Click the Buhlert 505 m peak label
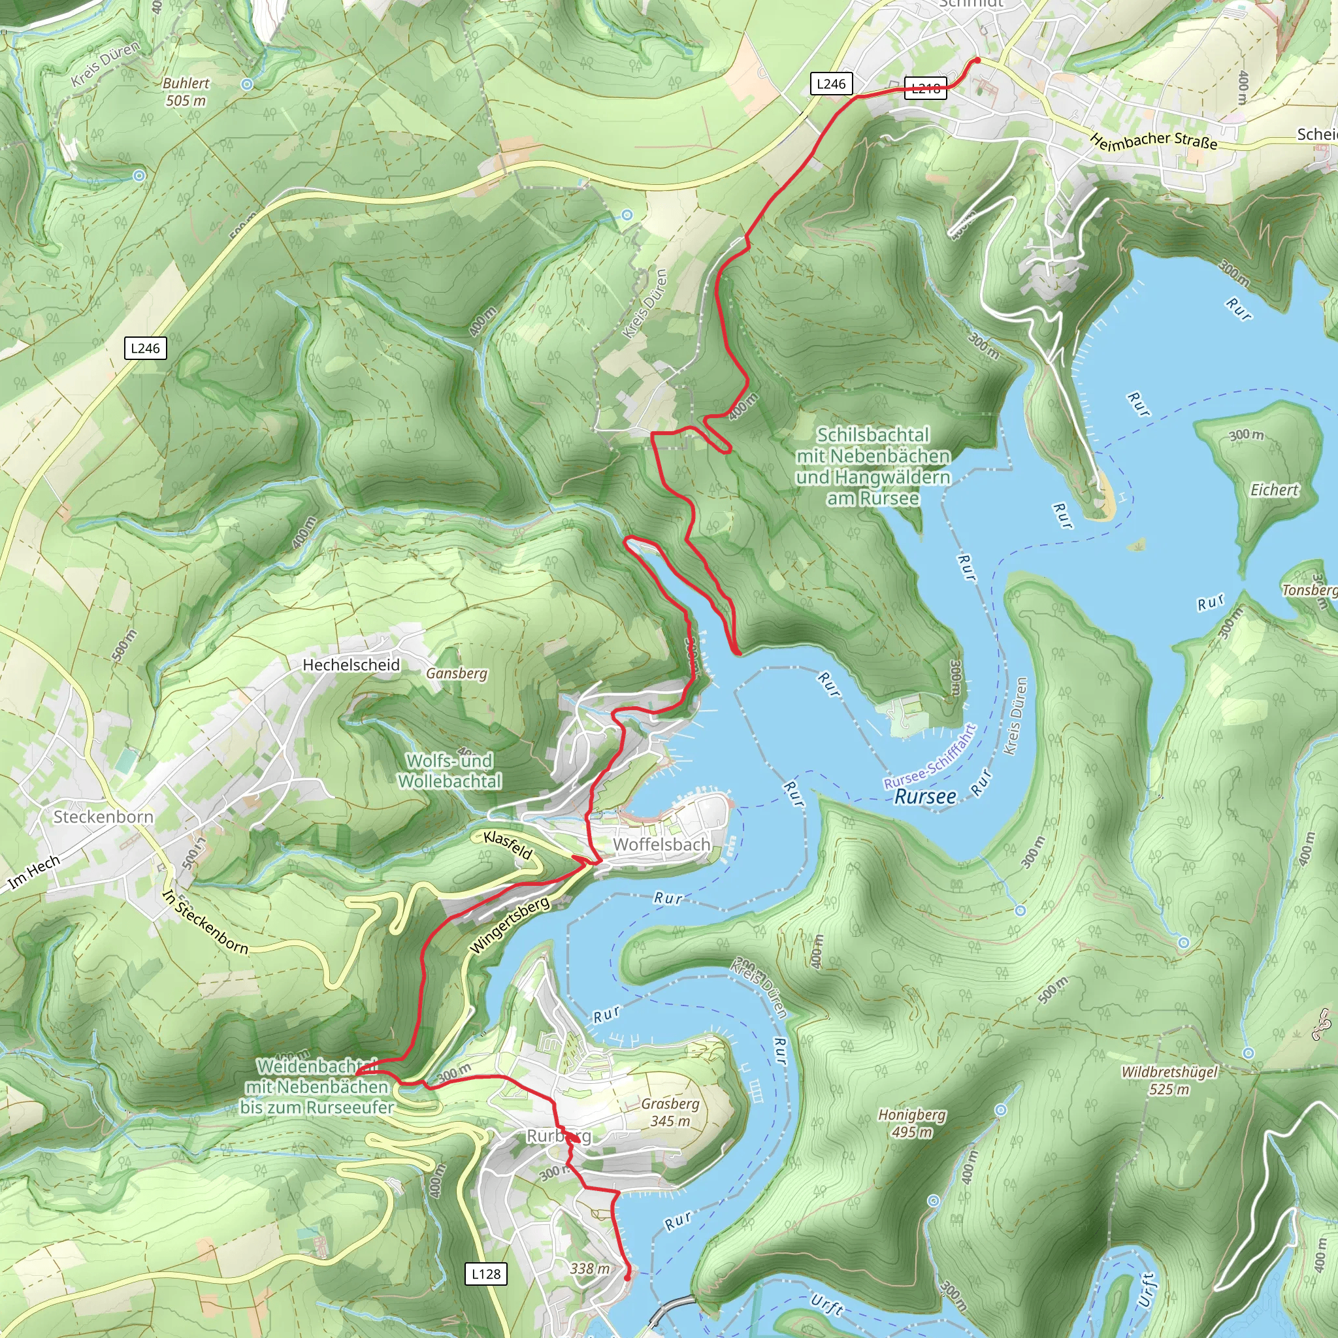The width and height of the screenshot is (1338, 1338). point(185,91)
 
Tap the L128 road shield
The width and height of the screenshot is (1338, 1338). point(485,1273)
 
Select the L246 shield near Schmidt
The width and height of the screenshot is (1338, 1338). point(830,84)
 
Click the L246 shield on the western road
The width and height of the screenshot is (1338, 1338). point(145,348)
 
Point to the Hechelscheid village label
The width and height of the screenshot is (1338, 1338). point(351,665)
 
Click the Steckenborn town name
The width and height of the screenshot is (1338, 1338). point(103,817)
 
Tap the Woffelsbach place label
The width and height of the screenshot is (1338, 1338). point(661,844)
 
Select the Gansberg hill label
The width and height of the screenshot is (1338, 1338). point(457,673)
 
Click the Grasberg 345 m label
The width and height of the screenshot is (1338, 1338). point(670,1111)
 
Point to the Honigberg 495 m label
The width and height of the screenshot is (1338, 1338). point(911,1122)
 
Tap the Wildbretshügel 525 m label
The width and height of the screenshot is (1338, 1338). point(1169,1080)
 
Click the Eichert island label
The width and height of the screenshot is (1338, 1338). point(1274,489)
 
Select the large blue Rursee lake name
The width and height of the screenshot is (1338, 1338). point(924,796)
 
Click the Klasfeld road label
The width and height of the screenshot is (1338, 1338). point(508,845)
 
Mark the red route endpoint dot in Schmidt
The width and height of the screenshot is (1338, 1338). point(977,60)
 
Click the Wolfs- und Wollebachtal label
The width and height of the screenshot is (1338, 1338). point(449,770)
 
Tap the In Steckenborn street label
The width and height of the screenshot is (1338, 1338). point(205,922)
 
